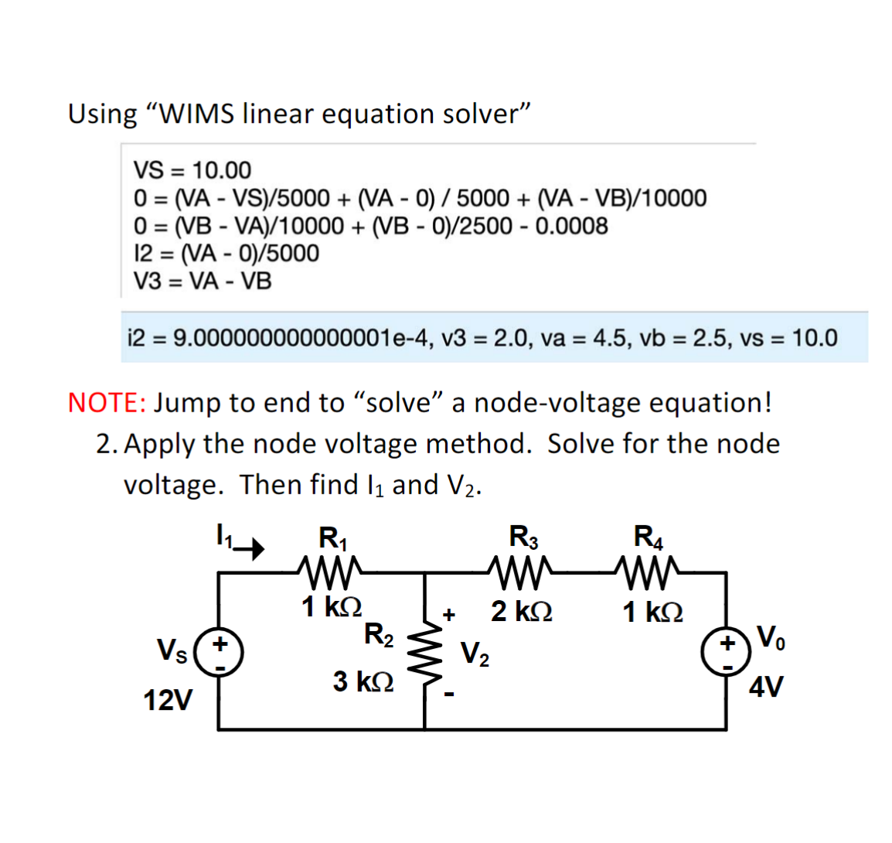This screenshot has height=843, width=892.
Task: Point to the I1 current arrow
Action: coord(249,550)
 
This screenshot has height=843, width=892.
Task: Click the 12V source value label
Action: coord(169,701)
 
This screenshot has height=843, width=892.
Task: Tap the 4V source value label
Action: coord(766,686)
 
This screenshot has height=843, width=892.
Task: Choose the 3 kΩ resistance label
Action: coord(363,681)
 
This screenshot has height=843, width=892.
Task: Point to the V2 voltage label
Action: coord(475,654)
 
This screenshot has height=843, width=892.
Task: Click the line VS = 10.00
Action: coord(192,169)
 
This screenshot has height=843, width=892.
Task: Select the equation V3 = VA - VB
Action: coord(203,281)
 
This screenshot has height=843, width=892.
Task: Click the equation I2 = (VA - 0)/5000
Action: coord(226,253)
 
